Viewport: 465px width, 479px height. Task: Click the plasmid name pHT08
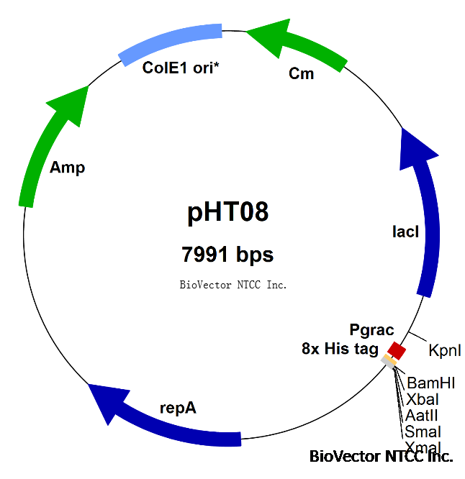click(228, 212)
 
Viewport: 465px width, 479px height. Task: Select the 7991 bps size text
click(228, 255)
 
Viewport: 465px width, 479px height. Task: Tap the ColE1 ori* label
click(181, 68)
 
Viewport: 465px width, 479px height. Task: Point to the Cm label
click(301, 73)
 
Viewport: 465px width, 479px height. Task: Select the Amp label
click(67, 168)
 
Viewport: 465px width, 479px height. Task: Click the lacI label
click(405, 232)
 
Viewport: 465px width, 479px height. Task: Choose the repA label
click(178, 409)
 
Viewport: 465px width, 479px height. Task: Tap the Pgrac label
click(371, 331)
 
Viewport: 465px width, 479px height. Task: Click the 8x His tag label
click(340, 350)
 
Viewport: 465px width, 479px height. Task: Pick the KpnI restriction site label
click(444, 351)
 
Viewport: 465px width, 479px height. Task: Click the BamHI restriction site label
click(430, 383)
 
